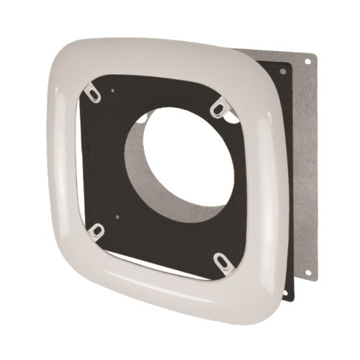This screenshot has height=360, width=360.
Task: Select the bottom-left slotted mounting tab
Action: pyautogui.click(x=96, y=232)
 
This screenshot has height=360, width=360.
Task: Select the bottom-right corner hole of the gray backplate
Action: pyautogui.click(x=308, y=273)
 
